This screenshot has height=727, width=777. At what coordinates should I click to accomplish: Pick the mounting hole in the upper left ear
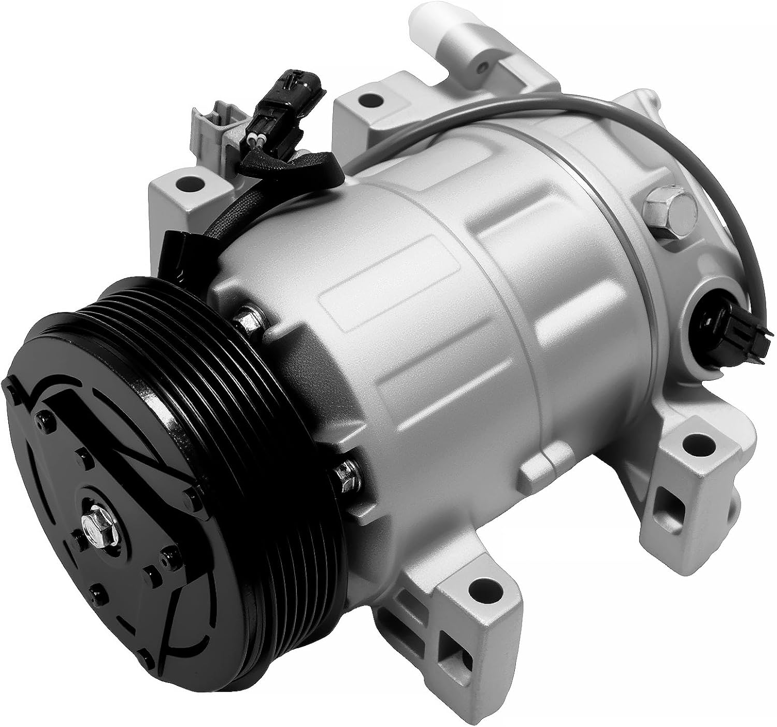point(187,183)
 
